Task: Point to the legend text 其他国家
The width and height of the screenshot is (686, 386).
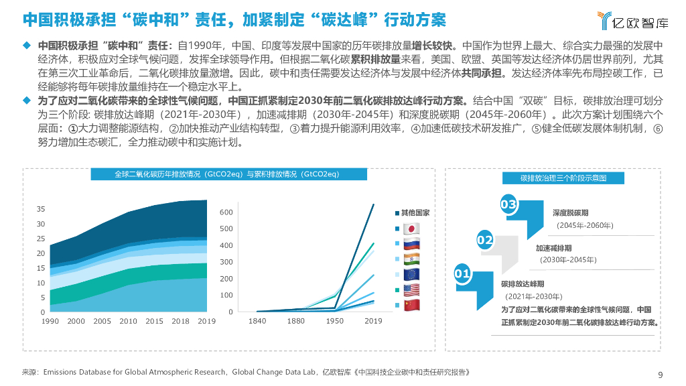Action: pyautogui.click(x=415, y=212)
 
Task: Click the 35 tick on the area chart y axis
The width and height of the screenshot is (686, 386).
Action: pyautogui.click(x=41, y=210)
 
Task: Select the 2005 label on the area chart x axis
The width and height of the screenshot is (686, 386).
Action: pyautogui.click(x=102, y=322)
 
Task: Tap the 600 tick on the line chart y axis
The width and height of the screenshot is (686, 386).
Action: pyautogui.click(x=226, y=212)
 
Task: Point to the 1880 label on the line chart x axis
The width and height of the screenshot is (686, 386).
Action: pyautogui.click(x=295, y=322)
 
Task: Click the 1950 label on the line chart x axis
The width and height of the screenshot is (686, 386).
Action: pyautogui.click(x=334, y=322)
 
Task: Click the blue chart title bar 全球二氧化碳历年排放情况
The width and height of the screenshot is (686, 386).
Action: pyautogui.click(x=226, y=174)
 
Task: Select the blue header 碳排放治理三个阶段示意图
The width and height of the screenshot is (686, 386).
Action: pyautogui.click(x=563, y=178)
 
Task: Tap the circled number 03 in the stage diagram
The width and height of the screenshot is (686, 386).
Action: pyautogui.click(x=508, y=204)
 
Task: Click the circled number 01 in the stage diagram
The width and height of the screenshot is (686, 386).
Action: pyautogui.click(x=462, y=273)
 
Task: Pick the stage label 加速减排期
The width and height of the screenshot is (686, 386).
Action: pyautogui.click(x=553, y=248)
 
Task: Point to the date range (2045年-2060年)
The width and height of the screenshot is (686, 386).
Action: pyautogui.click(x=584, y=224)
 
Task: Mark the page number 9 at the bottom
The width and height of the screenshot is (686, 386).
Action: pyautogui.click(x=661, y=375)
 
